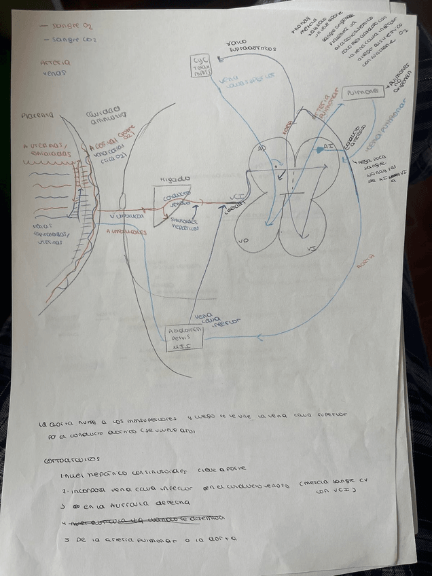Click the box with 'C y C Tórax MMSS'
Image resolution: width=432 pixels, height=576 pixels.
point(202,67)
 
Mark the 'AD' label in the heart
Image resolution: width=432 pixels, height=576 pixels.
point(262,148)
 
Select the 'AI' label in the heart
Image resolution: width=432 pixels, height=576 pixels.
point(326,146)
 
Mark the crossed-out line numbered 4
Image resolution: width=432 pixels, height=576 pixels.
point(146,522)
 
